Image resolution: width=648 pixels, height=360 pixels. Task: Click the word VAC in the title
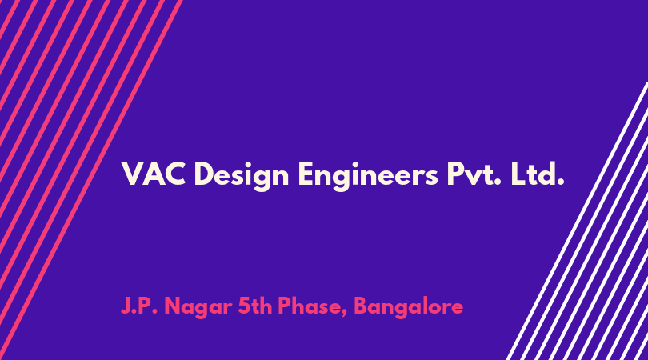click(x=153, y=174)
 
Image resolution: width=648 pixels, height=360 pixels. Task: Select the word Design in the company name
click(x=241, y=176)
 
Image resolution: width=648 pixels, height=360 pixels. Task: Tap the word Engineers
click(x=368, y=176)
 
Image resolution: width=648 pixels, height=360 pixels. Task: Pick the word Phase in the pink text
click(x=310, y=306)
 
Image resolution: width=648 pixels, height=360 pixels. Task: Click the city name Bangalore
click(x=408, y=308)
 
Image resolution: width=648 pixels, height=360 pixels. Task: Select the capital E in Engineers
click(x=306, y=174)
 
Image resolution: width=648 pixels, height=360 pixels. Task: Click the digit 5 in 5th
click(x=244, y=306)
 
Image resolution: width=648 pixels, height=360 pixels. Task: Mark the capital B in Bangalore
click(x=361, y=306)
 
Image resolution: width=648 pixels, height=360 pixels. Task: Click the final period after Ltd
click(x=561, y=182)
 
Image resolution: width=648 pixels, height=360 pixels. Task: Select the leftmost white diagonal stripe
click(x=577, y=221)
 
